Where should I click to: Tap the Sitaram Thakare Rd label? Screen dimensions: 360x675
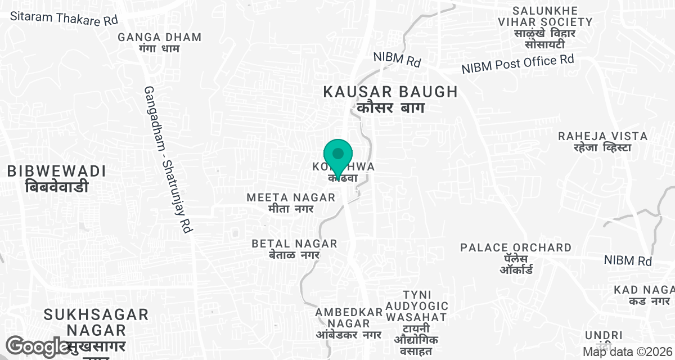point(64,18)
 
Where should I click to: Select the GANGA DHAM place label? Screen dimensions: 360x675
point(159,42)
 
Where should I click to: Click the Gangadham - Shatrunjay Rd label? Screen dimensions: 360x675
point(168,160)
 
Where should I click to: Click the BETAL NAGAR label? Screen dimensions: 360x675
point(294,249)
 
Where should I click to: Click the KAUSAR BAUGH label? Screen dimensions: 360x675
point(390,98)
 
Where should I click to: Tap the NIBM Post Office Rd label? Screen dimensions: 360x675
point(517,64)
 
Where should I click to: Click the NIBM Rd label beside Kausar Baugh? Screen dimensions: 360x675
point(398,58)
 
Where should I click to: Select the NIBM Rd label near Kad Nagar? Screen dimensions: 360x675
point(628,261)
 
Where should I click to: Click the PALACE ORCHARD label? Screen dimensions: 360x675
point(516,258)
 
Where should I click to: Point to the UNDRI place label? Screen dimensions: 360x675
point(604,336)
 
